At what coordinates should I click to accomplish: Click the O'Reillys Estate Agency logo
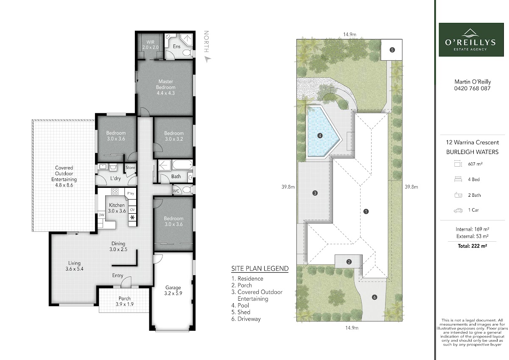tap(471, 39)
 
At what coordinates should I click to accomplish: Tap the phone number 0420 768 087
tap(472, 88)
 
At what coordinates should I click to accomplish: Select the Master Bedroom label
tap(166, 84)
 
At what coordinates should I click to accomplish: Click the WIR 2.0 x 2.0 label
tap(151, 45)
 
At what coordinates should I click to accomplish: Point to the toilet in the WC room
tap(187, 190)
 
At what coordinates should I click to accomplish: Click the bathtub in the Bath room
tap(182, 165)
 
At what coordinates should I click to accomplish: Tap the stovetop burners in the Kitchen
tap(115, 192)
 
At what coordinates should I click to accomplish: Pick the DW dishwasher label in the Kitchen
tap(101, 215)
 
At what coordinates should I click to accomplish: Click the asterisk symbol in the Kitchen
tap(132, 218)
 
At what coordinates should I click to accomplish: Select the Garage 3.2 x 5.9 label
tap(173, 290)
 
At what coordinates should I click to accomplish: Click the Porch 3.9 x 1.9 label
tap(124, 301)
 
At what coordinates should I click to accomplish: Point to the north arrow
tap(208, 59)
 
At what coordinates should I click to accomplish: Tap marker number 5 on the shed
tap(392, 50)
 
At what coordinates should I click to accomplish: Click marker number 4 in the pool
tap(320, 136)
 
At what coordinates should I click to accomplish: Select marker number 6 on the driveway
tap(375, 297)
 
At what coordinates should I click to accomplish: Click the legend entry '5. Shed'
tap(241, 312)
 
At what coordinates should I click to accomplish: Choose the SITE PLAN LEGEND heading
tap(260, 268)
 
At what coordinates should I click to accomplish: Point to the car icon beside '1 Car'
tap(458, 210)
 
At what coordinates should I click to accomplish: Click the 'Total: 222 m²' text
tap(472, 246)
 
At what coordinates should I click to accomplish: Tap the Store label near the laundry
tap(130, 167)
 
